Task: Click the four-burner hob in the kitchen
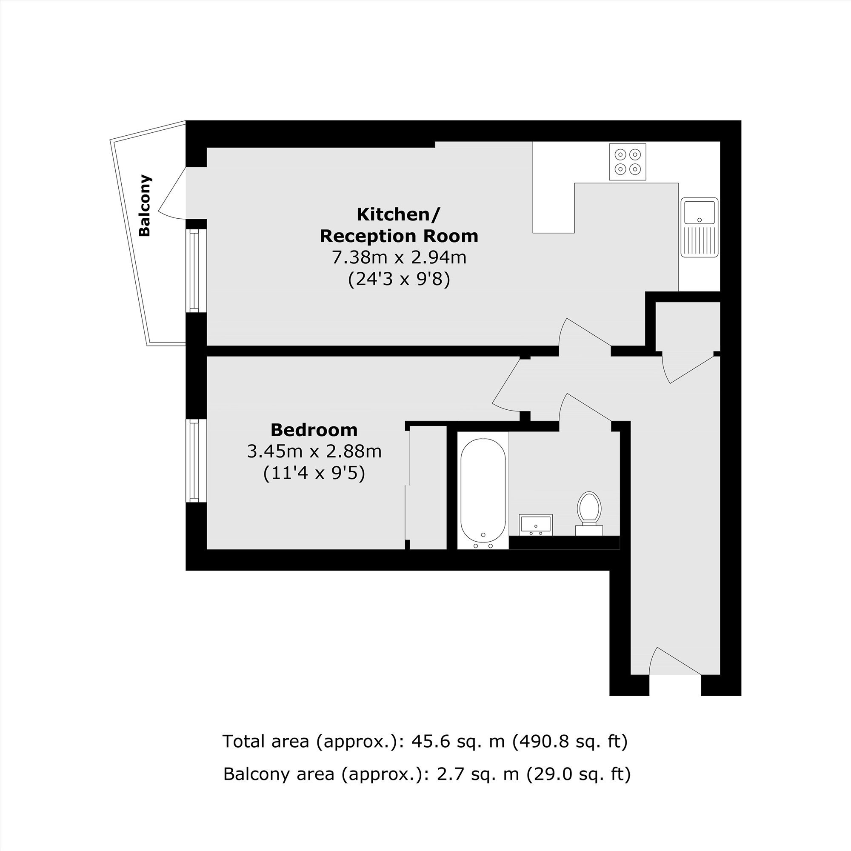628,162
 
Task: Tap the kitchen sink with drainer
700,227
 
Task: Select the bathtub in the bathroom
483,490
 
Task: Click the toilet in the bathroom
589,514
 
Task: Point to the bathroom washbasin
536,525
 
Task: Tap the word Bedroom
314,429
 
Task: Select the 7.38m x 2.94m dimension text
399,257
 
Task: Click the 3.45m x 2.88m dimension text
314,451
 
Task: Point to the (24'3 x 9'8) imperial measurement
399,279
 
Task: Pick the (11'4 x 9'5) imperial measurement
314,474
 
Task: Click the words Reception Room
399,236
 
